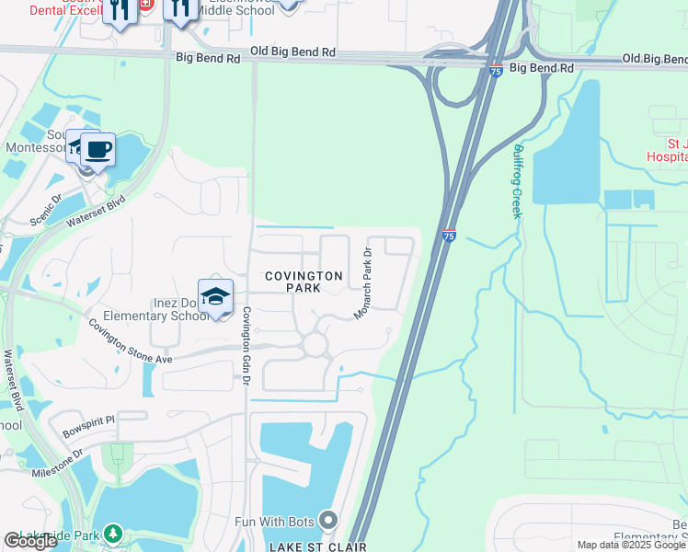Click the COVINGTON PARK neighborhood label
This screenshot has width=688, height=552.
304,282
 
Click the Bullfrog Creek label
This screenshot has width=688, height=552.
517,179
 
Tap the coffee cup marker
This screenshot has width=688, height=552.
97,148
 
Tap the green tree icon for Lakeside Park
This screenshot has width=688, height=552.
112,533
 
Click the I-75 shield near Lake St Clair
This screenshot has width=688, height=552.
449,236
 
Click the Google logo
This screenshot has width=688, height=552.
30,541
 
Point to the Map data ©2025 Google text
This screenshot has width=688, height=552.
632,545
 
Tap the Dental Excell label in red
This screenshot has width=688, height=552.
57,10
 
